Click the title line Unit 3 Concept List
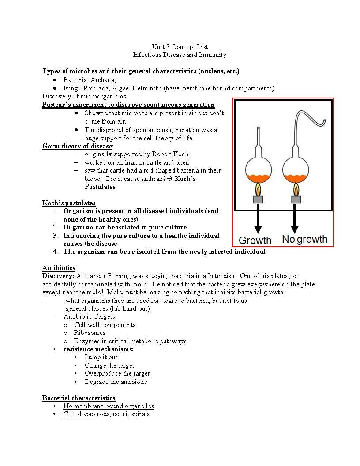[x=180, y=47]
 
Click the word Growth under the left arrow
[x=255, y=241]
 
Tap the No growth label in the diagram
[x=304, y=240]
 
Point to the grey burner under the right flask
[x=296, y=200]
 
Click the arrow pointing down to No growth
[x=295, y=219]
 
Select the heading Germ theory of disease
[x=77, y=146]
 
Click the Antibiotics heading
[x=59, y=268]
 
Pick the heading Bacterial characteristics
[x=79, y=398]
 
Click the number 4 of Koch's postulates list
[x=55, y=252]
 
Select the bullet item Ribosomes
[x=90, y=333]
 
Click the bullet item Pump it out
[x=101, y=357]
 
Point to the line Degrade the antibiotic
[x=116, y=382]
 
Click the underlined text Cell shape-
[x=79, y=414]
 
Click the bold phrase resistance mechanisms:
[x=98, y=349]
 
